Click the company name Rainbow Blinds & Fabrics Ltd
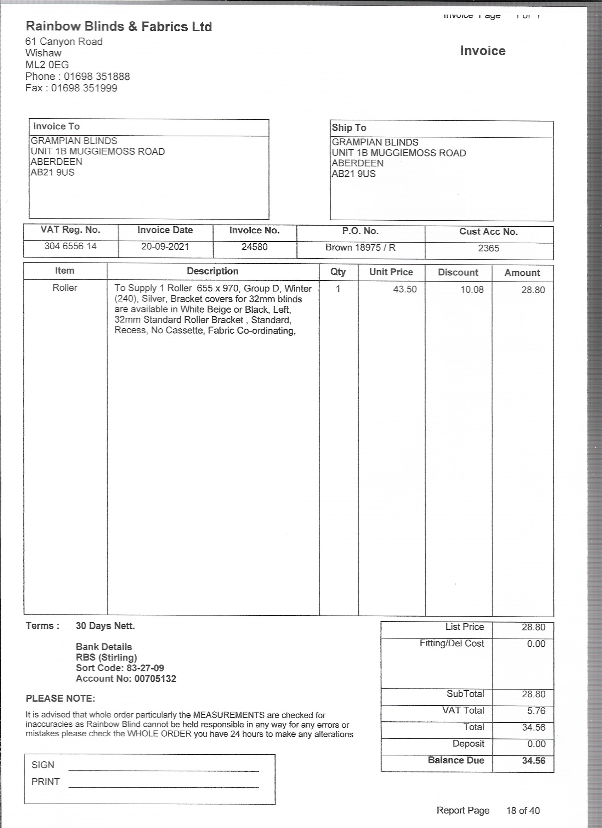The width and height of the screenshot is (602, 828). coord(119,26)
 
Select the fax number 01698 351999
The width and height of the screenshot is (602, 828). coord(84,88)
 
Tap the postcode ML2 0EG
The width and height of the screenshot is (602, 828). coord(47,64)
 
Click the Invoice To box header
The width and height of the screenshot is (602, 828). coord(56,126)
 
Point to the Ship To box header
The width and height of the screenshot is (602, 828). coord(349,128)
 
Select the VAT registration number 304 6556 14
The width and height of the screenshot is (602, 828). coord(70,246)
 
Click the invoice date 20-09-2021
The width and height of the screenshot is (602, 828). coord(165,247)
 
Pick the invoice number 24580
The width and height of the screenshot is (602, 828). coord(255,247)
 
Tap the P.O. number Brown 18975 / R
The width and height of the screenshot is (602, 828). coord(360,248)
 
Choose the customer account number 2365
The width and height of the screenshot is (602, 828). coord(488,248)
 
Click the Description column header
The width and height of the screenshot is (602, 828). coord(212,271)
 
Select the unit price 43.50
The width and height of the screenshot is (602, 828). coord(404,289)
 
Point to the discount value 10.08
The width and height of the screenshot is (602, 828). coord(472,290)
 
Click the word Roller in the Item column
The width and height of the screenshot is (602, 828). coord(65,288)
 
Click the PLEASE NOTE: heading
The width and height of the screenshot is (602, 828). coord(60,698)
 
